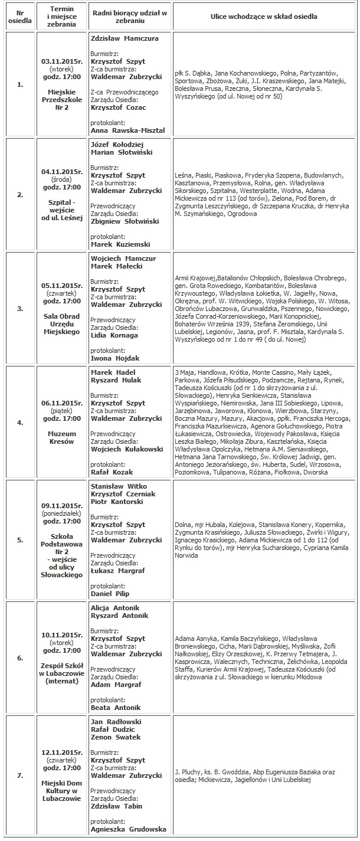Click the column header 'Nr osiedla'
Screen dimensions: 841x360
[20, 16]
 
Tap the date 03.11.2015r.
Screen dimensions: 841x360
[62, 61]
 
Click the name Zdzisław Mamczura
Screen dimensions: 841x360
[125, 38]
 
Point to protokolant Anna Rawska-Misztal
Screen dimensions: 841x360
[128, 130]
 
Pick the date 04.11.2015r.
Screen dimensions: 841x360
[62, 172]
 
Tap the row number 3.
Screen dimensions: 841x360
[20, 308]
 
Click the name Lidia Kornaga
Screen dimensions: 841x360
[114, 335]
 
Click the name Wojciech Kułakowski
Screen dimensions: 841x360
[126, 449]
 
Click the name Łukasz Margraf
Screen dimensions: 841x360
[118, 571]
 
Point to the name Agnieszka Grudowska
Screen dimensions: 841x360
[128, 829]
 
